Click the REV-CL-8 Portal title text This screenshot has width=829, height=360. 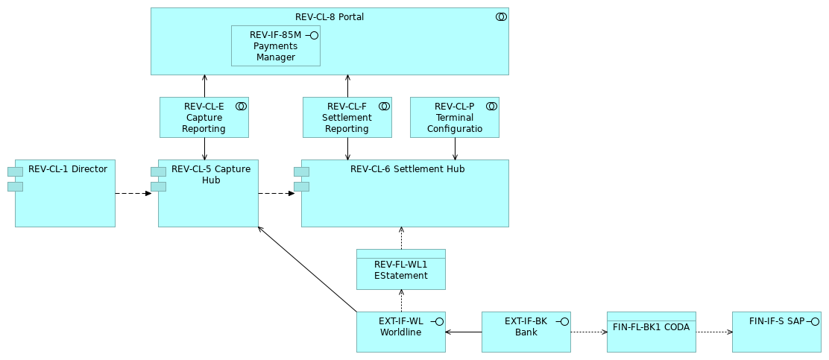click(x=329, y=17)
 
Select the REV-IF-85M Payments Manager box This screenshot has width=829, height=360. click(x=275, y=46)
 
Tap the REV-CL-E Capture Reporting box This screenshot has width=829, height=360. click(x=204, y=118)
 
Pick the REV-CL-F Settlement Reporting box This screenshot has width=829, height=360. click(x=347, y=118)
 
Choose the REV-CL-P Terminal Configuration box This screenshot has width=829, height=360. click(x=454, y=118)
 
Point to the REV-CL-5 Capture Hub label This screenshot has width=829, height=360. click(x=211, y=174)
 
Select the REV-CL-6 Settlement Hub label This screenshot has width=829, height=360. click(x=407, y=169)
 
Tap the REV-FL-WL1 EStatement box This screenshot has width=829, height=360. click(x=400, y=270)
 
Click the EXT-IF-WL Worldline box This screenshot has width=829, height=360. click(x=400, y=332)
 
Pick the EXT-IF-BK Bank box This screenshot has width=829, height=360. click(x=526, y=332)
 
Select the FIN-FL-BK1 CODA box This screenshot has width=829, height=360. click(x=651, y=332)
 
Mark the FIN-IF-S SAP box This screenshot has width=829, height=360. click(x=776, y=332)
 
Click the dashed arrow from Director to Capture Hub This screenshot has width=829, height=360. click(x=133, y=194)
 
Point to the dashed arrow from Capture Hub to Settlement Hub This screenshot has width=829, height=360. click(x=277, y=194)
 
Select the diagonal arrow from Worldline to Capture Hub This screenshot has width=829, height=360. click(x=307, y=269)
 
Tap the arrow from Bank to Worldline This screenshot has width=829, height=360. click(x=464, y=332)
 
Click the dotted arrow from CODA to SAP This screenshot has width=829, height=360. click(x=714, y=332)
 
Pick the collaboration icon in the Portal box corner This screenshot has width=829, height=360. click(x=501, y=16)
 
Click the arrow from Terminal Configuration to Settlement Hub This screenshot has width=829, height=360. click(x=455, y=148)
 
